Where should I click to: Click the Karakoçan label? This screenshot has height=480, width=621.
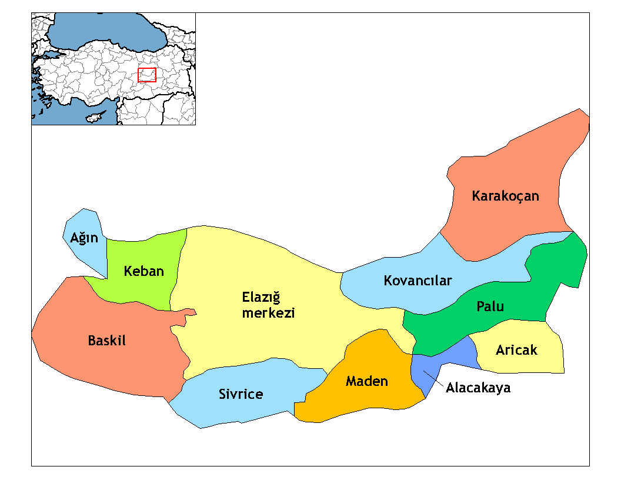[x=505, y=196]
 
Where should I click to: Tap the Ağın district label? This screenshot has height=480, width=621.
[x=84, y=238]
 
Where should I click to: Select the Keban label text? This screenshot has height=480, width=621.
[x=143, y=271]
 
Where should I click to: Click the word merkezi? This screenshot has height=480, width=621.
[x=268, y=313]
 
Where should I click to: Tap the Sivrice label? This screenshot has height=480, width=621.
[x=241, y=394]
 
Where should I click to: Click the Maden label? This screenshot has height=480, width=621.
[x=366, y=381]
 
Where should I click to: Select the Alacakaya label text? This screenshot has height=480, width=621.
[x=478, y=388]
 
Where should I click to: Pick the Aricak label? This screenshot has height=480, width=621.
[x=516, y=350]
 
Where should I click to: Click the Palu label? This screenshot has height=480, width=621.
[x=490, y=306]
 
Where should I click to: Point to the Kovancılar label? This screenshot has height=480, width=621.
[x=418, y=281]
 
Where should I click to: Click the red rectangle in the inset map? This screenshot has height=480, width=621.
[x=146, y=75]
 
